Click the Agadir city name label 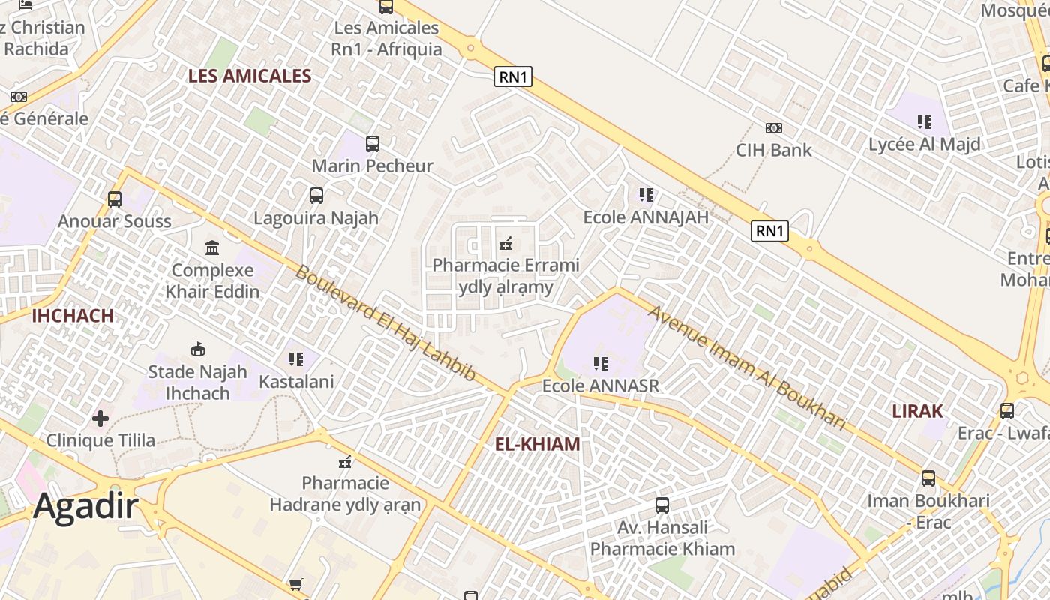click(85, 506)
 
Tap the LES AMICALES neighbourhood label click(250, 76)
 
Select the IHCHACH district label click(73, 316)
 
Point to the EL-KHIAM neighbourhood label click(537, 444)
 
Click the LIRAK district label click(917, 411)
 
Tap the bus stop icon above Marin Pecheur click(373, 144)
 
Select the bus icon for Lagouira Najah click(316, 196)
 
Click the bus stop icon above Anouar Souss click(115, 199)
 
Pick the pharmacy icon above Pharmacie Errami click(505, 243)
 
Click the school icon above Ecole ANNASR click(601, 364)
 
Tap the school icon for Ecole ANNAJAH click(646, 195)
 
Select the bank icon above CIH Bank click(773, 128)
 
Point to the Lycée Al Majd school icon click(925, 122)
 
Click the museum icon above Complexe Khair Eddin click(212, 247)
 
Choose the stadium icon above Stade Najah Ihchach click(198, 349)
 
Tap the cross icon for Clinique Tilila click(100, 418)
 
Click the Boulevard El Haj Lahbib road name click(385, 322)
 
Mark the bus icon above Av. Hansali click(662, 505)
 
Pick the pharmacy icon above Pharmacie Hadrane click(345, 461)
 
